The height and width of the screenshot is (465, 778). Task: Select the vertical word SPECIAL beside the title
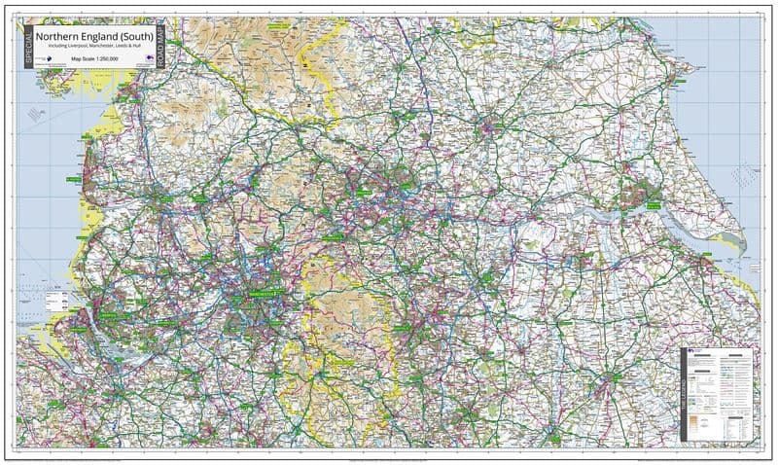tap(31, 44)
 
